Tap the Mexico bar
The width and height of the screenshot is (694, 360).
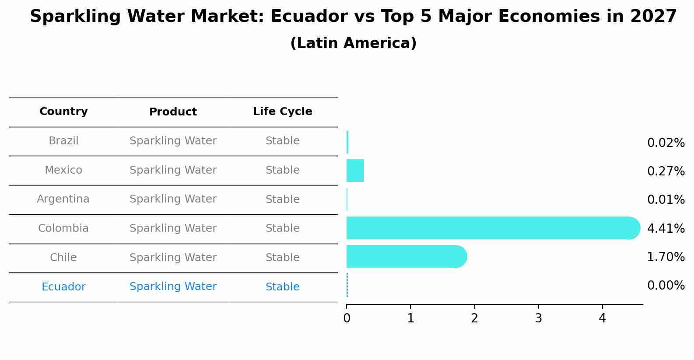pos(355,171)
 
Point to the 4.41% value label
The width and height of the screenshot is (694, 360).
pos(666,228)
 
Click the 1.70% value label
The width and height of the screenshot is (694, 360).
pos(666,257)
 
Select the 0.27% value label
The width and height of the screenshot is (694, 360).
pos(666,171)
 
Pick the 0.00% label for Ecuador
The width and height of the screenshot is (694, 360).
pos(666,286)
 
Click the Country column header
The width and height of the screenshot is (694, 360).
pos(63,112)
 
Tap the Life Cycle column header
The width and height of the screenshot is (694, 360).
pos(282,112)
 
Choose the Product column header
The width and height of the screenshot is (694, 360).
pos(173,112)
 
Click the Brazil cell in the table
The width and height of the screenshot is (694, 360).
pos(63,141)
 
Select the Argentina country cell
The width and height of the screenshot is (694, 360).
pos(63,199)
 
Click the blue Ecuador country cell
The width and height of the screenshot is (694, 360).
pos(63,287)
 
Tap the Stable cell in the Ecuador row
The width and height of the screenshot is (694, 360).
pos(282,287)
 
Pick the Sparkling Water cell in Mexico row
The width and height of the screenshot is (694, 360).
pos(173,170)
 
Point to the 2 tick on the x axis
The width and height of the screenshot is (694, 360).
pos(474,318)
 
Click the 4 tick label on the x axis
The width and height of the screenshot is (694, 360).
pos(602,318)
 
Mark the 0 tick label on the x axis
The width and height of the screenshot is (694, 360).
pos(347,318)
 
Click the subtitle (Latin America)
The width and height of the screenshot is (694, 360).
pos(353,43)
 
